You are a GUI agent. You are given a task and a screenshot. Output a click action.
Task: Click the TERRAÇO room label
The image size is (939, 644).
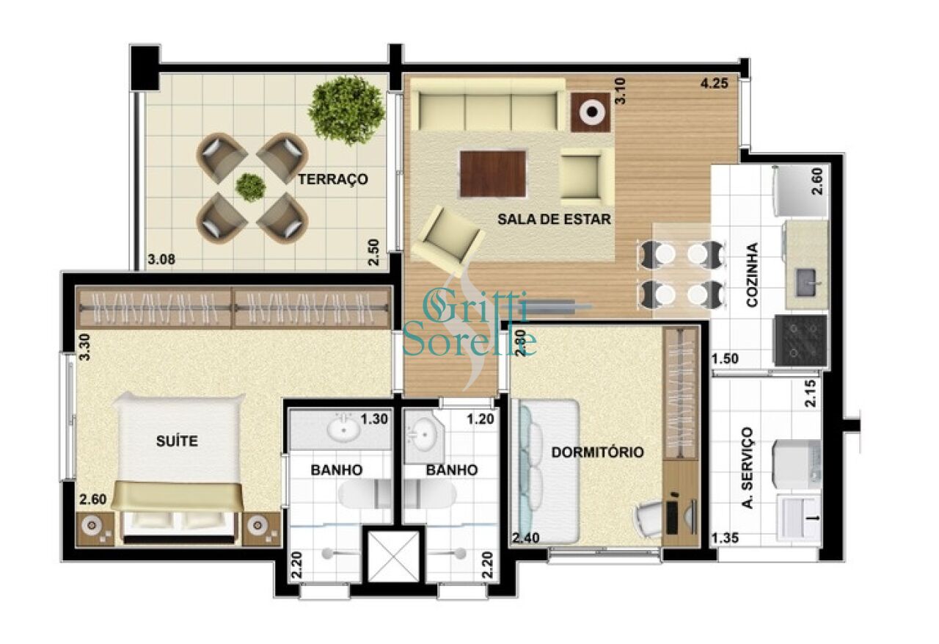click(333, 180)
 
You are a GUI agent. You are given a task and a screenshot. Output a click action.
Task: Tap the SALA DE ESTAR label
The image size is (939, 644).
click(554, 219)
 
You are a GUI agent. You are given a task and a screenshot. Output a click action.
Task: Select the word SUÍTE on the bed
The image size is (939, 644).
click(177, 441)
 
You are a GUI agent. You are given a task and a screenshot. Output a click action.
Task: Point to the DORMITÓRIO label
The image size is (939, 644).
click(597, 452)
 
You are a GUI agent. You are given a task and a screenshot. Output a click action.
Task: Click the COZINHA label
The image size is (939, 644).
click(753, 275)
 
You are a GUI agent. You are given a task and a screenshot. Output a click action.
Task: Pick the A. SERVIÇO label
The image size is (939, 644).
click(748, 468)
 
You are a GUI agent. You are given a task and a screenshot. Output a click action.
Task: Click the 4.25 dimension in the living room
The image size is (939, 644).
click(715, 84)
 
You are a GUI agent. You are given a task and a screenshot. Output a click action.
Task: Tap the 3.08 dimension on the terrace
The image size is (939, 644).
click(161, 259)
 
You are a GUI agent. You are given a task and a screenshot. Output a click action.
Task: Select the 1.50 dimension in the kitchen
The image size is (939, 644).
click(726, 359)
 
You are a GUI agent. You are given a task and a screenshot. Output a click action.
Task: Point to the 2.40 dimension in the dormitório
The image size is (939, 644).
click(526, 538)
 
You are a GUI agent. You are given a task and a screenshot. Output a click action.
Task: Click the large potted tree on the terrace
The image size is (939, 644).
click(346, 110)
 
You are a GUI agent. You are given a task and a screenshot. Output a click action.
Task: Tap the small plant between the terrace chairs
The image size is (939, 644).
click(250, 187)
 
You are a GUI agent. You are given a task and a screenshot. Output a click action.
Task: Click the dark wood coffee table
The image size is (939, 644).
click(492, 173)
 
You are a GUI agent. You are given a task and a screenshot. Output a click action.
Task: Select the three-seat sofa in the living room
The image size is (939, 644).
click(488, 106)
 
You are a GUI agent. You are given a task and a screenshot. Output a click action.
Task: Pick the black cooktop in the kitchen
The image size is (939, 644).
click(800, 341)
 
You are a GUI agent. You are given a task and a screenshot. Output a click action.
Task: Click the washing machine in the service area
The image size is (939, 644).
click(797, 463)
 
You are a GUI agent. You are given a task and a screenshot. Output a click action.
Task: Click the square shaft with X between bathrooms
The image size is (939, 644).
click(393, 557)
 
